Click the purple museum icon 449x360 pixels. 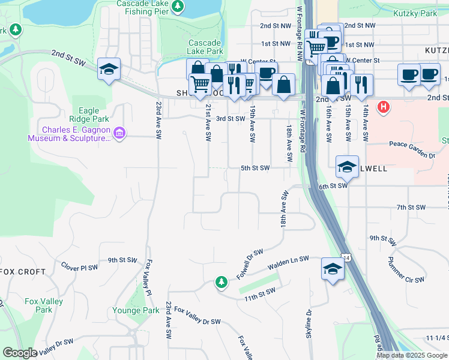point(119,133)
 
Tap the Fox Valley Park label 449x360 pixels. point(43,305)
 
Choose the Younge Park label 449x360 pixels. point(136,311)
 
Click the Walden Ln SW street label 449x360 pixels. point(288,262)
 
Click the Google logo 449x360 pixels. point(20,353)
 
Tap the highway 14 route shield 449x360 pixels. point(346,257)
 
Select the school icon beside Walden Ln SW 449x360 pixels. point(332,269)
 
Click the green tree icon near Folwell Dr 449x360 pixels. point(221,282)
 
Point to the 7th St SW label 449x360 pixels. point(411,208)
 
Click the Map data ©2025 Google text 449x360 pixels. point(412,355)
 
